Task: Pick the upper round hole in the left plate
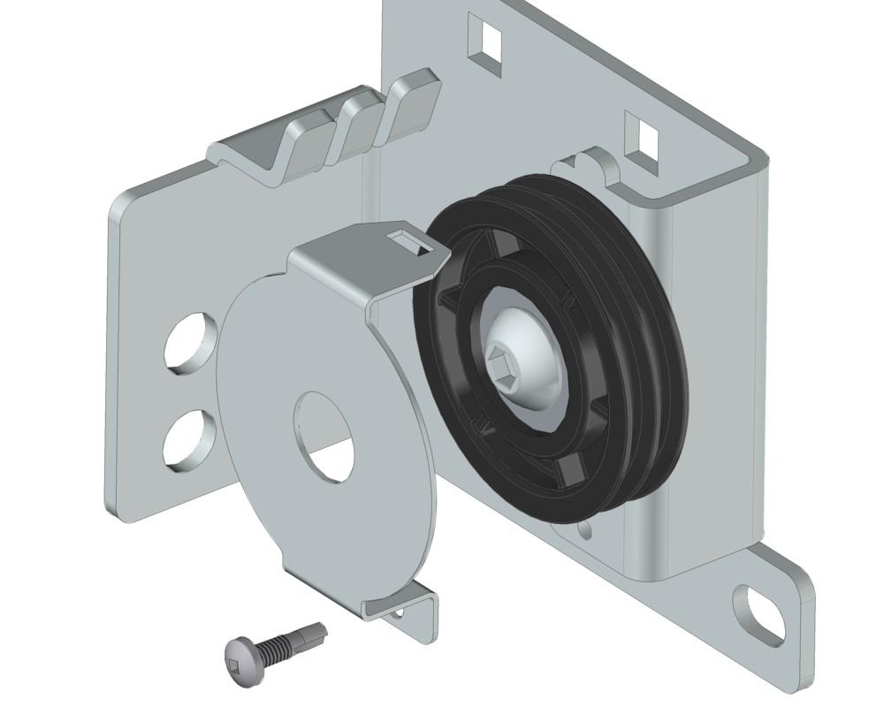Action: [x=191, y=340]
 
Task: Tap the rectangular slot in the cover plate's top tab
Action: [x=409, y=238]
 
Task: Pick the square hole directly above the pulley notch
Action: [x=643, y=133]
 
